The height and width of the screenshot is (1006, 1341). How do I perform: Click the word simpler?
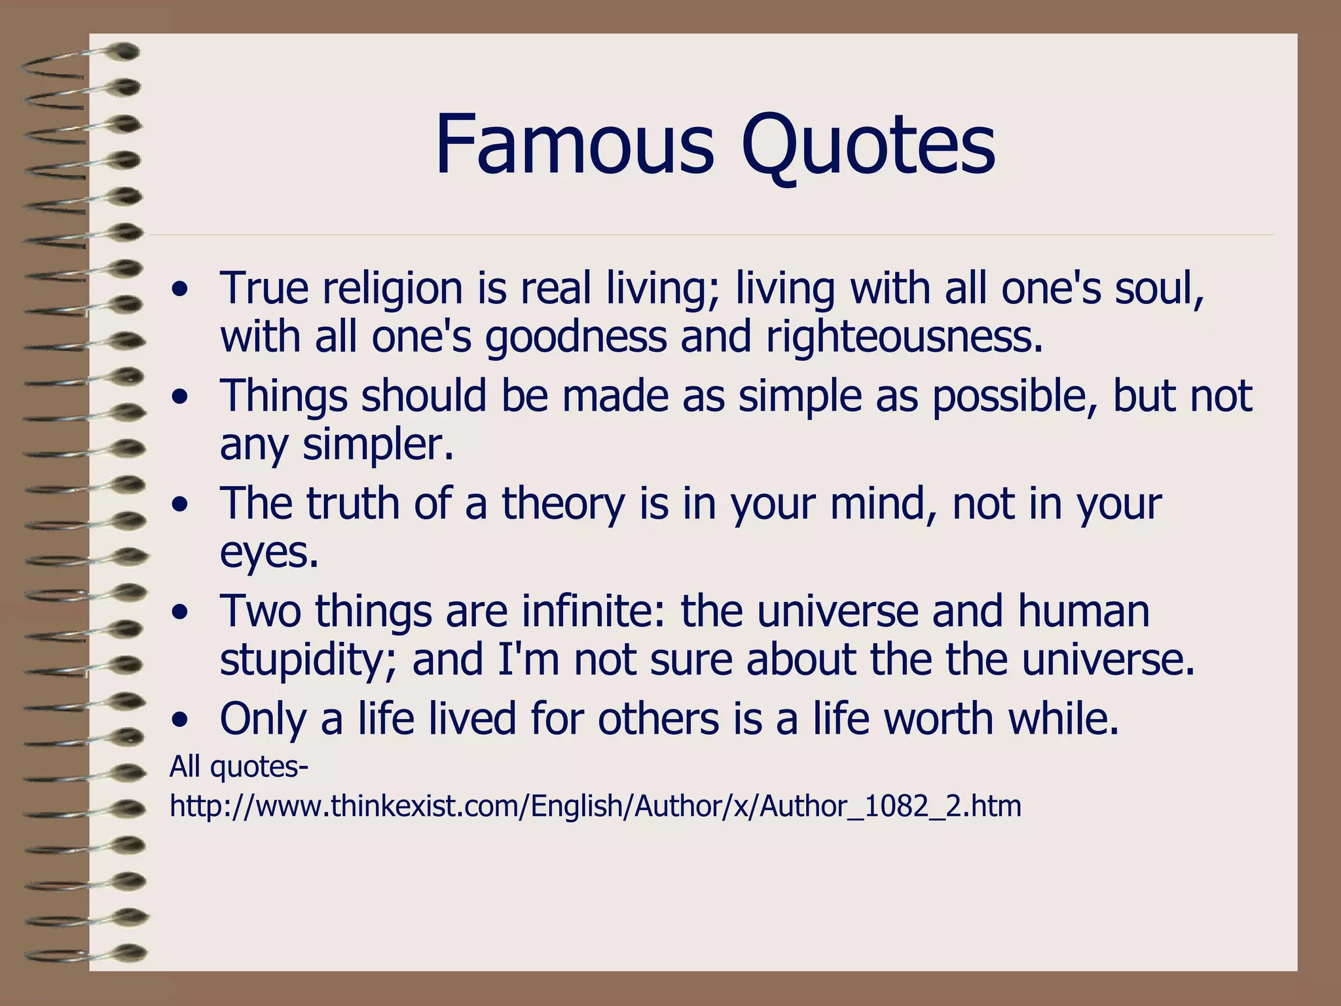[378, 445]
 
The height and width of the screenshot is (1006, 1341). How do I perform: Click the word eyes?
[268, 553]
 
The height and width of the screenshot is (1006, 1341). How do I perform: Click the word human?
[1084, 611]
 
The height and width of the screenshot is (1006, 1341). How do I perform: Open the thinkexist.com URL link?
[595, 806]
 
